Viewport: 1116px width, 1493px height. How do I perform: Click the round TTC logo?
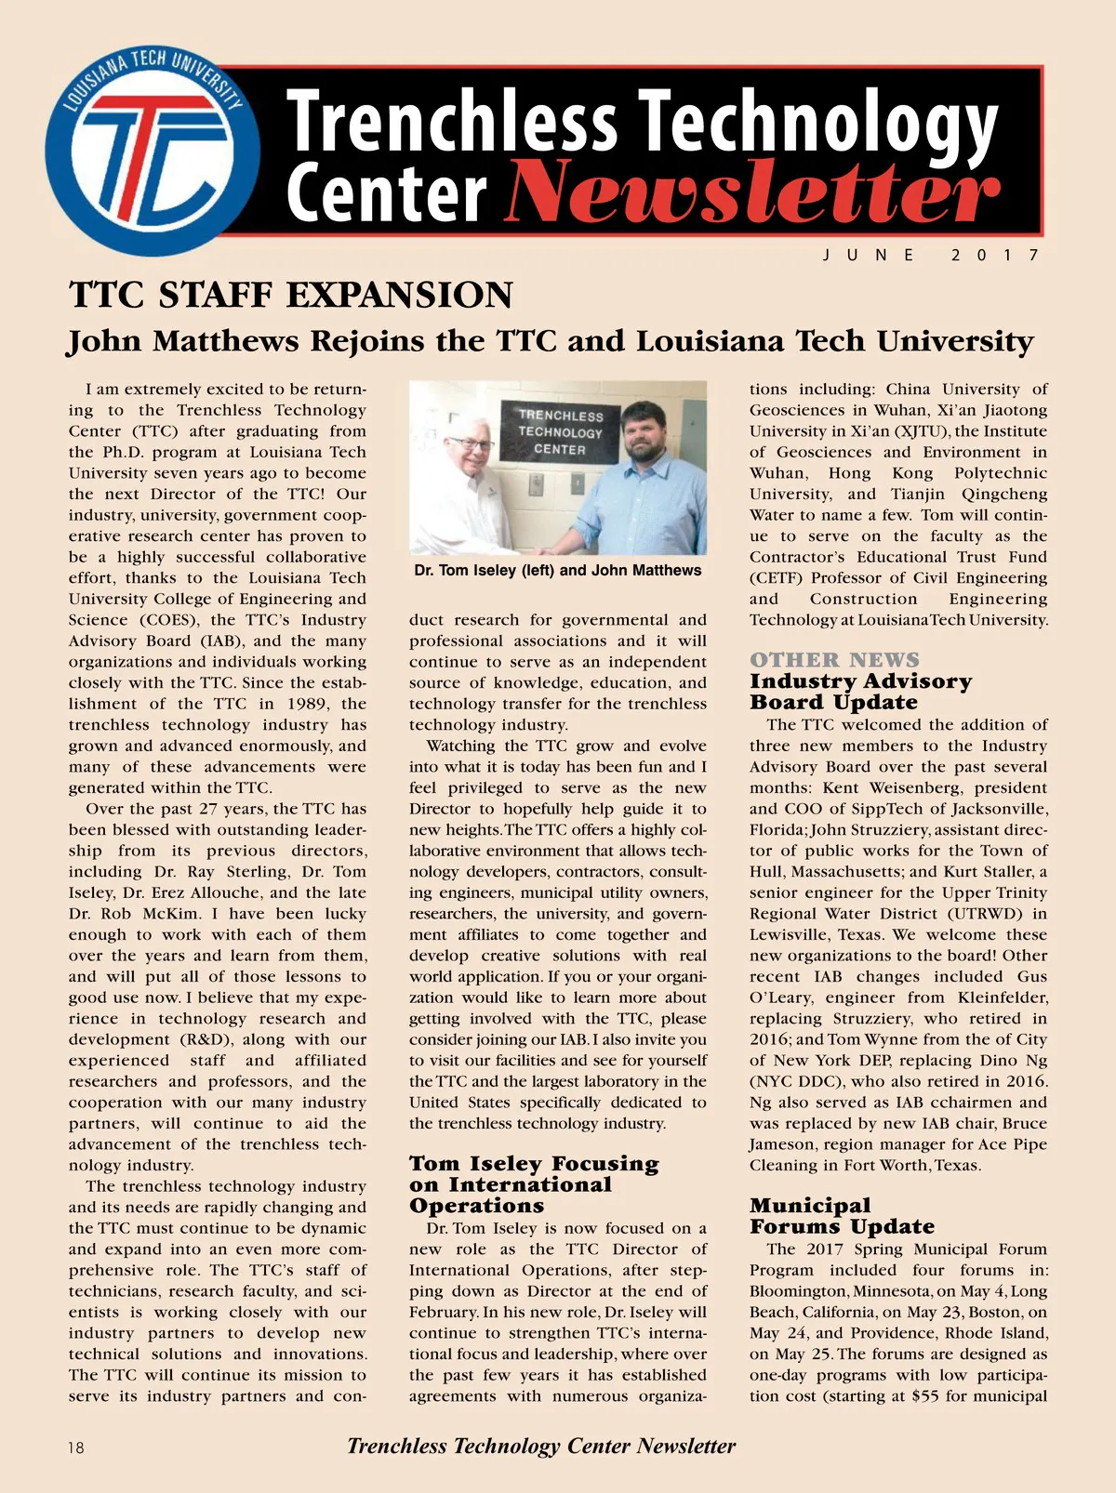(x=153, y=152)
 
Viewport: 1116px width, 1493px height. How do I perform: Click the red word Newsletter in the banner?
(x=751, y=192)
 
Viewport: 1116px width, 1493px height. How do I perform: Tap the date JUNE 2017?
(x=931, y=255)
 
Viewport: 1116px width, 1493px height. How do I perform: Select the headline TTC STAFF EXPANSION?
(x=290, y=296)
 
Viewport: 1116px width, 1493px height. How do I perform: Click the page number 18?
(x=75, y=1447)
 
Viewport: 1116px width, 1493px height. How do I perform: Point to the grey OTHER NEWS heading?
(x=834, y=660)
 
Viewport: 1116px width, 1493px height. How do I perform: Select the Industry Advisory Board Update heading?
(x=860, y=692)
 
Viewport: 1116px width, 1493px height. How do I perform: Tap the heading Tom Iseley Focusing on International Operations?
(x=533, y=1184)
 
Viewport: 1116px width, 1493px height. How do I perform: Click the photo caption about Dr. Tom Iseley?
(x=558, y=570)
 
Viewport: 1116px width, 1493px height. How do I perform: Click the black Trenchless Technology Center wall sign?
(x=560, y=432)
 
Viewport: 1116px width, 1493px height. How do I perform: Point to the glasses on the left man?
(x=470, y=444)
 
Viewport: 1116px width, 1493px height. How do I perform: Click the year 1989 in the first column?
(x=307, y=704)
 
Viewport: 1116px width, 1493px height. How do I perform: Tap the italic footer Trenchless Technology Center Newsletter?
(x=541, y=1446)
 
